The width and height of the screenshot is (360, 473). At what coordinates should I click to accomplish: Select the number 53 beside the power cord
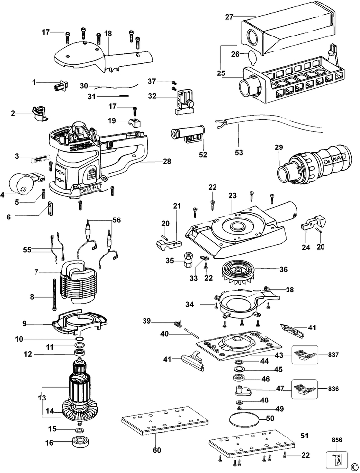[x=239, y=153]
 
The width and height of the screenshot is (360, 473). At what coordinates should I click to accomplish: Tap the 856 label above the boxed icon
[x=337, y=439]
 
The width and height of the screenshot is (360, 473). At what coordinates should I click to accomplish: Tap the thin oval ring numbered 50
[x=244, y=420]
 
